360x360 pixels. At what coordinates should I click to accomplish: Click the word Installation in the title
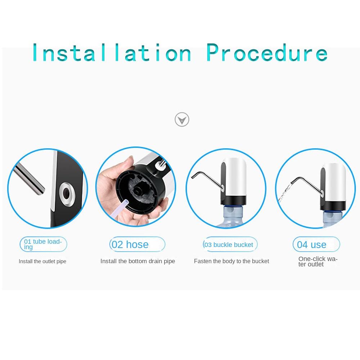coord(112,53)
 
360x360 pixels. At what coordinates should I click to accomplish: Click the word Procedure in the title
coord(267,53)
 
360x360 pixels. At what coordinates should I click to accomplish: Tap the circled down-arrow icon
coord(182,120)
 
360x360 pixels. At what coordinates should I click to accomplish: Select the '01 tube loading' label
coord(44,244)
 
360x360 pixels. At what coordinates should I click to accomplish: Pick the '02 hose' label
coord(137,244)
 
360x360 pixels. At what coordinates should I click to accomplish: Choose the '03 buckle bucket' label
coord(230,244)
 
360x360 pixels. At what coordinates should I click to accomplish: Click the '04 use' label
coord(316,244)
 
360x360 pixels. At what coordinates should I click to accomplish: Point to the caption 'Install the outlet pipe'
coord(42,261)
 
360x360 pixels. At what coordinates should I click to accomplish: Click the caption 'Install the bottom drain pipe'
coord(138,261)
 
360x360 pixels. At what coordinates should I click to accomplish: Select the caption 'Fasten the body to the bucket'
coord(231,261)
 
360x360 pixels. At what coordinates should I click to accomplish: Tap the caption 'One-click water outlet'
coord(318,261)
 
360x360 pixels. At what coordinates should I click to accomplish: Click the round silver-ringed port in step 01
coord(67,193)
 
